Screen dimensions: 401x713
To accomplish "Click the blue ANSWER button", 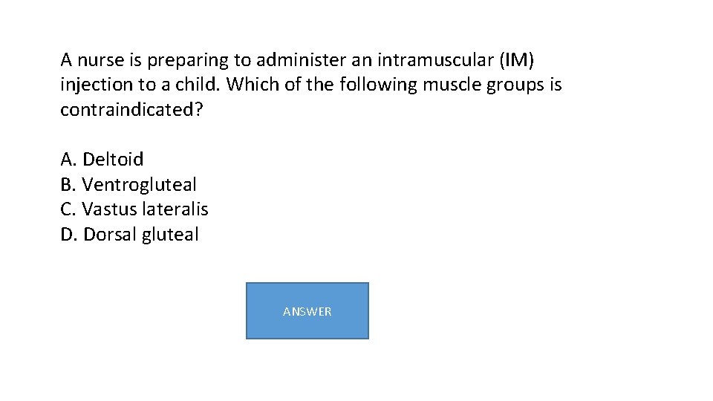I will point(307,311).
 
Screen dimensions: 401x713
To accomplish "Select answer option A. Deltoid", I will point(102,159).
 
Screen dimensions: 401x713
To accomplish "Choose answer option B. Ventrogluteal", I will point(128,184).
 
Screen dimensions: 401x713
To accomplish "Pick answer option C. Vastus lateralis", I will point(134,209).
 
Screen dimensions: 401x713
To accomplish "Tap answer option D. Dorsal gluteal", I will point(129,235).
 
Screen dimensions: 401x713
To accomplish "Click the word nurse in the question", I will point(100,59).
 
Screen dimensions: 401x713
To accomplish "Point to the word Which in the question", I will point(252,85).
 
